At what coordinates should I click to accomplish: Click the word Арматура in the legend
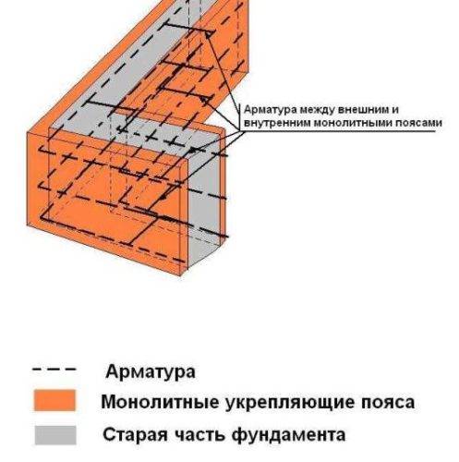click(151, 371)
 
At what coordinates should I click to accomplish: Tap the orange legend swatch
click(54, 400)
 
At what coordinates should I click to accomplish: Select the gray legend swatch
click(55, 435)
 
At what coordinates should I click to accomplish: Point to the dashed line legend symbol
click(54, 369)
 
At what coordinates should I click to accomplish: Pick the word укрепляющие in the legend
click(288, 403)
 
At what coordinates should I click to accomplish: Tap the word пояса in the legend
click(388, 403)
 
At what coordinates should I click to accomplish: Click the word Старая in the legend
click(135, 435)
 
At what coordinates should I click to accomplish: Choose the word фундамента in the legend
click(288, 435)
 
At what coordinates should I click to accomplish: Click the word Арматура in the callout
click(271, 110)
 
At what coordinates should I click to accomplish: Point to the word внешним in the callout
click(361, 110)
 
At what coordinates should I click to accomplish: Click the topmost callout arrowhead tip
click(205, 31)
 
